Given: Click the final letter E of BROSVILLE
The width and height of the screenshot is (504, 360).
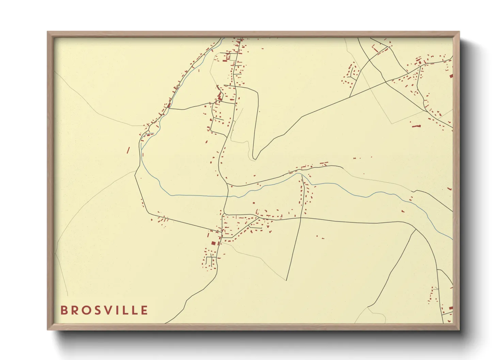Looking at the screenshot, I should [x=145, y=310].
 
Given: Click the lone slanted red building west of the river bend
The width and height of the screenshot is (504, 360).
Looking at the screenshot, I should [x=128, y=150].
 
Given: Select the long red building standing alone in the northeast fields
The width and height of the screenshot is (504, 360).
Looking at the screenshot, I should [x=416, y=126].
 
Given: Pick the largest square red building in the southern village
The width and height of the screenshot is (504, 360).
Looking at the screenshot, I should [x=214, y=243].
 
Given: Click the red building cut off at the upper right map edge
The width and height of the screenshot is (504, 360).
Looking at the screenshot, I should [x=451, y=76].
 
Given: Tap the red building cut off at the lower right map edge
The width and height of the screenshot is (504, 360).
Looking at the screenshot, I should [x=451, y=308].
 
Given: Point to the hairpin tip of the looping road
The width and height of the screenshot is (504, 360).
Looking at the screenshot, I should [x=254, y=158].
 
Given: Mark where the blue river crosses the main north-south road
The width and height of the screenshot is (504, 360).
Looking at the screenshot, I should [x=227, y=196].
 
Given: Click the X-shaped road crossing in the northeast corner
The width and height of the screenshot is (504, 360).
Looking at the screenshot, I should [x=369, y=60].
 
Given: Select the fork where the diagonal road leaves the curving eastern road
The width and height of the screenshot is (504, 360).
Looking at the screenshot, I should [x=416, y=230].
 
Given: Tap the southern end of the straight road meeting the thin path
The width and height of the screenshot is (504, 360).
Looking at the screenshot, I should [x=287, y=280].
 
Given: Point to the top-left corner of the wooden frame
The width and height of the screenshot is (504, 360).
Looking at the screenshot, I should [x=48, y=32].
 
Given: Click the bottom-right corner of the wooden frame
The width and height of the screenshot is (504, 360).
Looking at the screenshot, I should [x=459, y=329].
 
